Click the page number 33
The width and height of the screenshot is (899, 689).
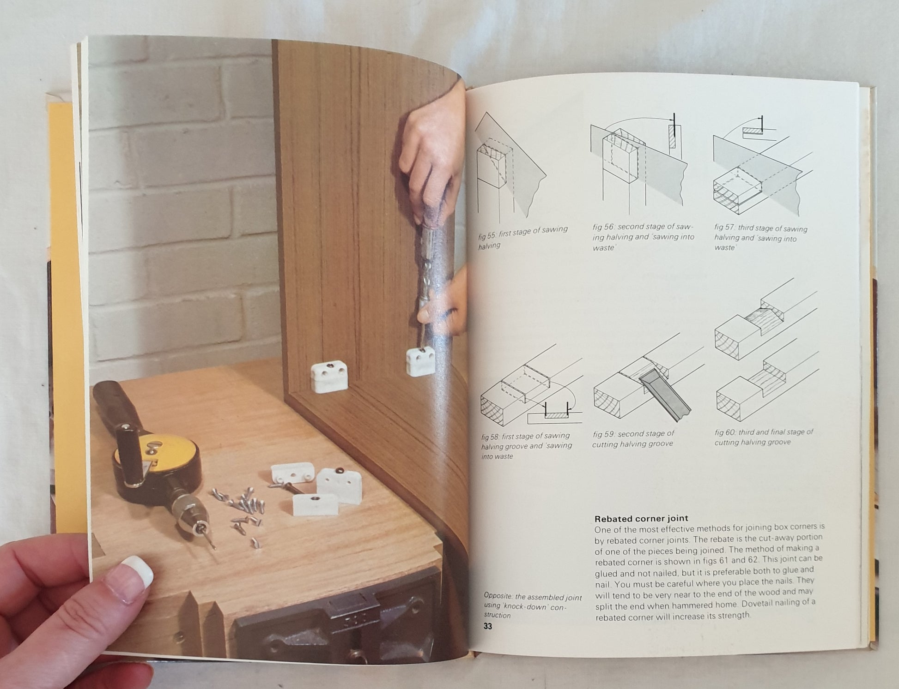[x=488, y=626]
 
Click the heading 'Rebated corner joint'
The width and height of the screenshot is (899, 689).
[x=641, y=518]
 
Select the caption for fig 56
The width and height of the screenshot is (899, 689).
[x=643, y=237]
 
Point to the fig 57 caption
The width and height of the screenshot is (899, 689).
[x=760, y=238]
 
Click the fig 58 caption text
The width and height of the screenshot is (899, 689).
[x=526, y=446]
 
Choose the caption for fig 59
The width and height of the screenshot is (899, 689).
[x=633, y=439]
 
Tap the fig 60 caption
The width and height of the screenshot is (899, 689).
[x=764, y=437]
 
